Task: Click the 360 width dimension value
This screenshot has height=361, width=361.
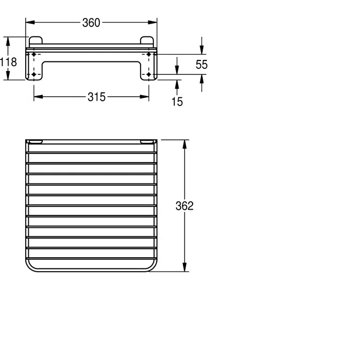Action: pyautogui.click(x=91, y=22)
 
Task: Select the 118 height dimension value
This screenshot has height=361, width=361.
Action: pyautogui.click(x=9, y=62)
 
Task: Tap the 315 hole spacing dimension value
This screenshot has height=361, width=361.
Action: pyautogui.click(x=97, y=97)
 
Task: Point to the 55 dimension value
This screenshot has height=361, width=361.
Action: pyautogui.click(x=202, y=65)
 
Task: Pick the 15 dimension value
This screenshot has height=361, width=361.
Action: pyautogui.click(x=177, y=101)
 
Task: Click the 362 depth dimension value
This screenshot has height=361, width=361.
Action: pyautogui.click(x=185, y=206)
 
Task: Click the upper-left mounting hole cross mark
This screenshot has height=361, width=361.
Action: pyautogui.click(x=34, y=55)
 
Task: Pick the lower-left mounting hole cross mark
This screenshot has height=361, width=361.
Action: pyautogui.click(x=34, y=74)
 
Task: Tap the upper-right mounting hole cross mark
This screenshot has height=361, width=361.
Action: pyautogui.click(x=149, y=55)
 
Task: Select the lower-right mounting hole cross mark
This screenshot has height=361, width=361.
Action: pyautogui.click(x=149, y=74)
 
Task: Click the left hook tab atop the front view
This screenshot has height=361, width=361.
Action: pyautogui.click(x=36, y=41)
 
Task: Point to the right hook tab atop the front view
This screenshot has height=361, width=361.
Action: pyautogui.click(x=147, y=41)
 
